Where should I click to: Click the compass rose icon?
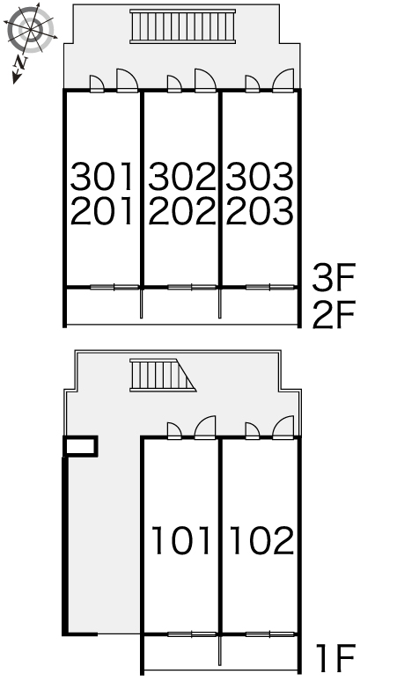click(x=30, y=31)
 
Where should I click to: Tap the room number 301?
click(x=103, y=177)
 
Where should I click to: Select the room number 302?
click(x=181, y=177)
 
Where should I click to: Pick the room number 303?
click(x=259, y=177)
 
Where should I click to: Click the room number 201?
click(x=103, y=211)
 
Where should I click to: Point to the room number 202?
click(x=181, y=211)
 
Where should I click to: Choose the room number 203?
click(x=259, y=211)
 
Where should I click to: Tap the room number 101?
click(x=181, y=540)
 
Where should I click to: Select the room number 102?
click(x=261, y=540)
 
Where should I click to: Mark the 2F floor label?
click(x=333, y=314)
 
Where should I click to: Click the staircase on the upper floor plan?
click(x=183, y=26)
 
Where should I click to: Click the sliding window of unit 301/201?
click(x=114, y=287)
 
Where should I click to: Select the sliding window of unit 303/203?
click(x=269, y=287)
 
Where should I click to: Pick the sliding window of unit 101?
click(x=192, y=633)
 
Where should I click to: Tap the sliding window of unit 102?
click(x=269, y=633)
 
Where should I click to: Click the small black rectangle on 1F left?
click(x=80, y=447)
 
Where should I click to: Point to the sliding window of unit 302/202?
click(x=192, y=287)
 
